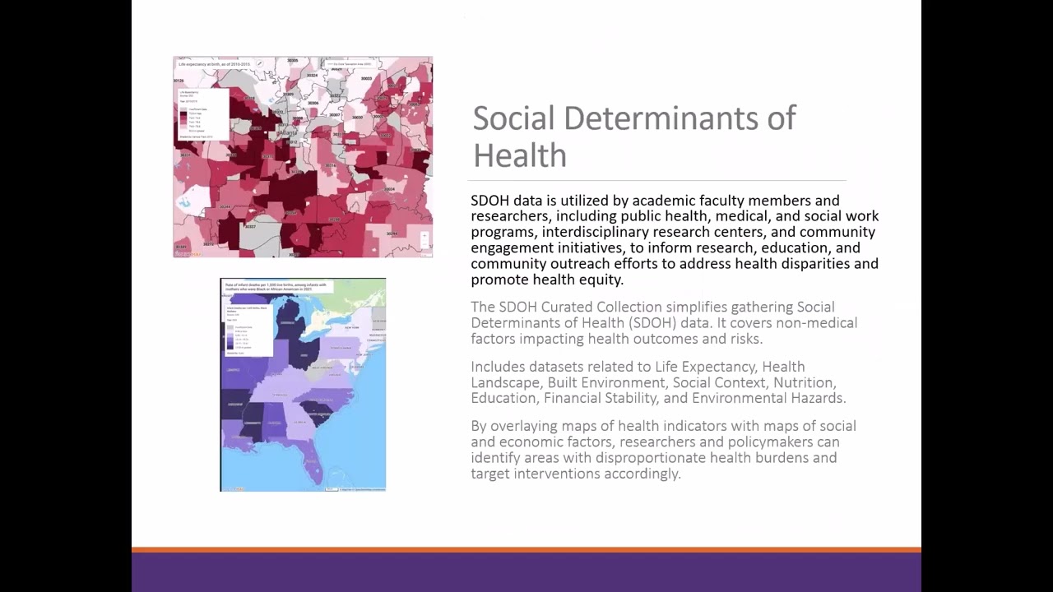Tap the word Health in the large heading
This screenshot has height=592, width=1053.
pos(520,155)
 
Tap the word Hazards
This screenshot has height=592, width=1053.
pos(816,398)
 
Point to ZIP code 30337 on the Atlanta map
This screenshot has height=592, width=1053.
pos(248,226)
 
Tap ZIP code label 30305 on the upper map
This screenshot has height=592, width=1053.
pos(293,61)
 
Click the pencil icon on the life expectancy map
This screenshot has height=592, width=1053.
pos(259,63)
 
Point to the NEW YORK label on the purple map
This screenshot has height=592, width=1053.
pos(352,328)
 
